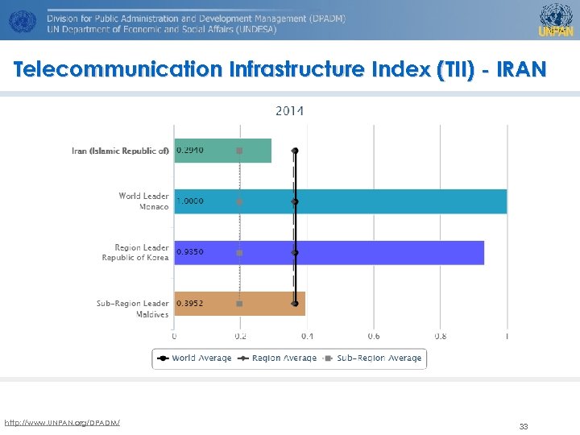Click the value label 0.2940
(x=190, y=151)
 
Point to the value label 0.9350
(x=190, y=252)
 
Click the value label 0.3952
(x=190, y=304)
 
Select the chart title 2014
(x=290, y=111)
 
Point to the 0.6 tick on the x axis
(x=374, y=336)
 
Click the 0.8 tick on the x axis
(x=441, y=336)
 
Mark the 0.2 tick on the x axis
(x=241, y=336)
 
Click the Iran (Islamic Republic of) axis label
(x=120, y=151)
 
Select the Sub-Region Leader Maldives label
(x=133, y=309)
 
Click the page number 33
(x=523, y=427)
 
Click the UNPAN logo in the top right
(x=556, y=19)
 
